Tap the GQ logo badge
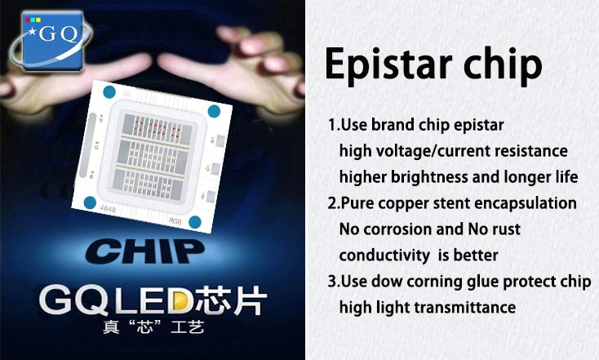click(x=53, y=38)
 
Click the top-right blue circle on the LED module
click(x=214, y=111)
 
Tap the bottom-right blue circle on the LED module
click(x=195, y=221)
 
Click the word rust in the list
click(x=505, y=229)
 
